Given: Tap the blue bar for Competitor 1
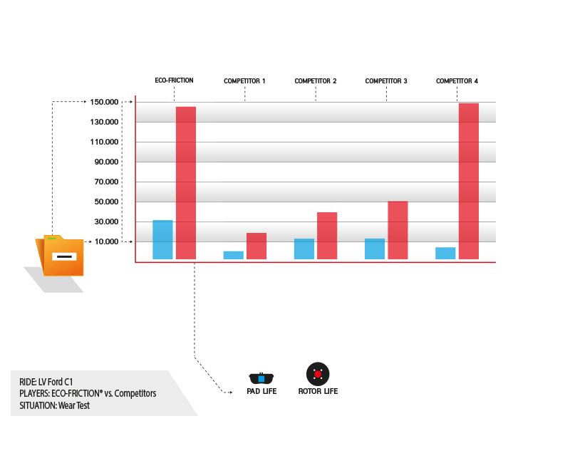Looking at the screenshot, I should (233, 254).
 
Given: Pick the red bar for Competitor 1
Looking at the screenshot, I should (256, 246).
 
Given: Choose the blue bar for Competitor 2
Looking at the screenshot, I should (304, 249).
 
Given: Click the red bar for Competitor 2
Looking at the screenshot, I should (327, 235).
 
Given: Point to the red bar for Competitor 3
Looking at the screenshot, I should (398, 230).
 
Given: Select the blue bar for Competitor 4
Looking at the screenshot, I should (445, 253).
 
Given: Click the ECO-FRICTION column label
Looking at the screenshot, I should (175, 80).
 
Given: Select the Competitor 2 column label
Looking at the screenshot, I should (316, 81).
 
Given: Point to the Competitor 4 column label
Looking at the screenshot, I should (457, 81).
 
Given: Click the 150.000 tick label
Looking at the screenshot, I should (105, 102).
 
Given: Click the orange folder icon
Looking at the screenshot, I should (62, 255).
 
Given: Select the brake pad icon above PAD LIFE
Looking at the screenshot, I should (261, 378).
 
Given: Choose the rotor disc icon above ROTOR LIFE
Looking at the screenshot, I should (318, 373).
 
